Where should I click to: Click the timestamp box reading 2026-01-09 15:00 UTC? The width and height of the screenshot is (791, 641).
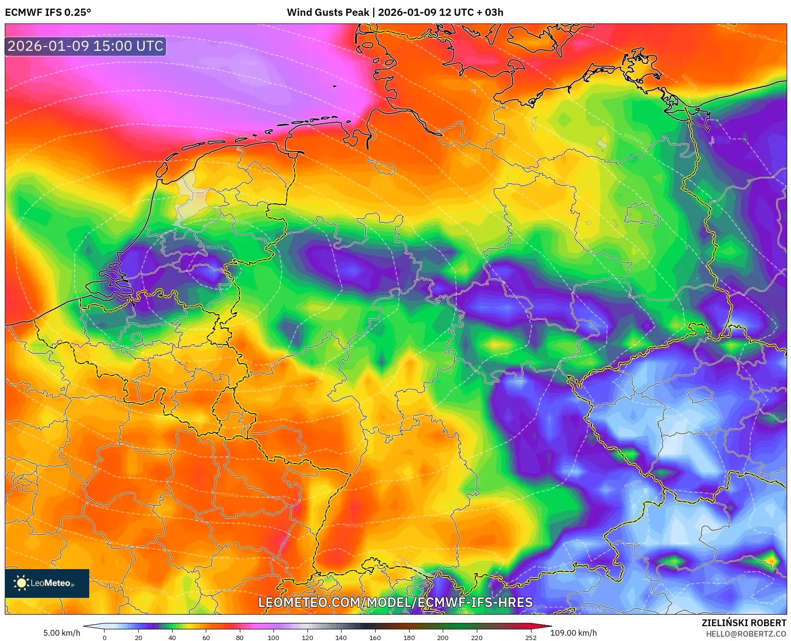pyautogui.click(x=85, y=46)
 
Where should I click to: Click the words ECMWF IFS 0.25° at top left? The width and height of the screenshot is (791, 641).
pyautogui.click(x=48, y=12)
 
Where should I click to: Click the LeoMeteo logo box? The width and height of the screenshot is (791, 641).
pyautogui.click(x=47, y=583)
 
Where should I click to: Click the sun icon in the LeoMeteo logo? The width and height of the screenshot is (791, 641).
pyautogui.click(x=21, y=583)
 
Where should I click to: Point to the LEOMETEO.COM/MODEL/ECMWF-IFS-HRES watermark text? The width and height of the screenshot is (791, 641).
pyautogui.click(x=395, y=602)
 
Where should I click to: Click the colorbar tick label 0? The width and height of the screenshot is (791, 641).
pyautogui.click(x=105, y=638)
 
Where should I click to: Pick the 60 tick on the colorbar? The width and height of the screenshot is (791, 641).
pyautogui.click(x=206, y=638)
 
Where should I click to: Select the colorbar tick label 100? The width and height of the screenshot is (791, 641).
pyautogui.click(x=273, y=638)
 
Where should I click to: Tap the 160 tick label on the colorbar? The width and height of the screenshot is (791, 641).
pyautogui.click(x=375, y=638)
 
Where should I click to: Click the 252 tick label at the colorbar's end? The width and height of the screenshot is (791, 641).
pyautogui.click(x=531, y=638)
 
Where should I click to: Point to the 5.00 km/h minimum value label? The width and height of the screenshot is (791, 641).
pyautogui.click(x=62, y=633)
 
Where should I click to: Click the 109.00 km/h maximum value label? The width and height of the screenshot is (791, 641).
pyautogui.click(x=573, y=633)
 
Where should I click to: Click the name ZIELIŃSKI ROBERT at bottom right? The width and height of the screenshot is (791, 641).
pyautogui.click(x=744, y=623)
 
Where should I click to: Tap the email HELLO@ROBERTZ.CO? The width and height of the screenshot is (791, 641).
pyautogui.click(x=746, y=634)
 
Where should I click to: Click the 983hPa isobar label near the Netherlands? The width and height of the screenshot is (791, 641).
pyautogui.click(x=214, y=247)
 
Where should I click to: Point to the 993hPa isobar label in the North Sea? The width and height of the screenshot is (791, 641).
pyautogui.click(x=228, y=101)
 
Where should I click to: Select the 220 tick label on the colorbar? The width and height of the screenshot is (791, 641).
pyautogui.click(x=476, y=638)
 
